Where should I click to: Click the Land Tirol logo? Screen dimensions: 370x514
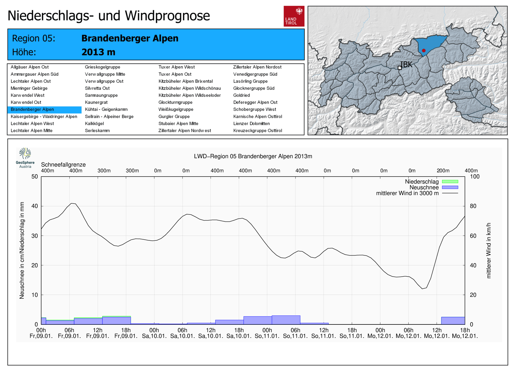click(x=294, y=16)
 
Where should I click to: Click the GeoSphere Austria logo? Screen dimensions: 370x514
click(x=25, y=158)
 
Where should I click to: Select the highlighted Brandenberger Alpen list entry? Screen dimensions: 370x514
click(x=32, y=109)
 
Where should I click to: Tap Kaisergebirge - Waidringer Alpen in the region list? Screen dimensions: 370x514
click(x=44, y=116)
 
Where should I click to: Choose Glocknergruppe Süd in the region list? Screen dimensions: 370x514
click(x=253, y=88)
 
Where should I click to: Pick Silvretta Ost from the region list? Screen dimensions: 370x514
click(x=97, y=88)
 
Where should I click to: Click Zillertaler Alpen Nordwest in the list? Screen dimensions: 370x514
click(x=184, y=131)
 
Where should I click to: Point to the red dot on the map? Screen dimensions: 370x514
click(x=424, y=50)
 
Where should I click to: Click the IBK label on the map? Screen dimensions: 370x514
click(x=406, y=65)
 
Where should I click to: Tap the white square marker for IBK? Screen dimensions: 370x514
click(x=400, y=68)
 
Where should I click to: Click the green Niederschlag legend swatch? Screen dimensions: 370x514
click(x=450, y=182)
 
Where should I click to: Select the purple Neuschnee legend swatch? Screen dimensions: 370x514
click(x=450, y=187)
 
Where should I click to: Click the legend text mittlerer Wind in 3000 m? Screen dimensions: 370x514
click(x=407, y=193)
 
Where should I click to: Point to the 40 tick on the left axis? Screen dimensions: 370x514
click(x=34, y=206)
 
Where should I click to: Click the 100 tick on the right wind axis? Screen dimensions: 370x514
click(x=474, y=176)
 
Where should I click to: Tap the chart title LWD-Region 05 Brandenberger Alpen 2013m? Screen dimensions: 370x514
click(x=253, y=156)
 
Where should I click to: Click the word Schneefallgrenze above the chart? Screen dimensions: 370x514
click(x=63, y=165)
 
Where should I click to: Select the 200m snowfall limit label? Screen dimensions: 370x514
click(x=443, y=171)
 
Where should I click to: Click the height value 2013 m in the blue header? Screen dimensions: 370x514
click(x=98, y=52)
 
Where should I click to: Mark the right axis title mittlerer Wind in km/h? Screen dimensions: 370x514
click(x=489, y=250)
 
